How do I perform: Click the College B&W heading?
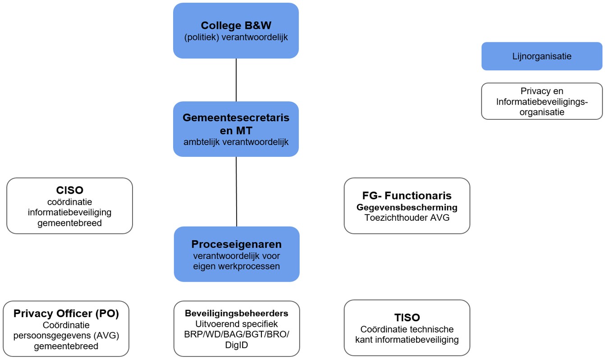(x=236, y=25)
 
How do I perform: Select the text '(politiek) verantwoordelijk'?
(x=236, y=37)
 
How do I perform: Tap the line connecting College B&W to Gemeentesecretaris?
(x=236, y=80)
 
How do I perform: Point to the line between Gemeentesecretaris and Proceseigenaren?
(x=236, y=191)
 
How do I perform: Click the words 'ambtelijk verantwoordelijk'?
(x=236, y=142)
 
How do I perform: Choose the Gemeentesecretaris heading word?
(x=236, y=118)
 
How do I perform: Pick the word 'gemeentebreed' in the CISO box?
(x=69, y=223)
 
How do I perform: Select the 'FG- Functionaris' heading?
(x=407, y=196)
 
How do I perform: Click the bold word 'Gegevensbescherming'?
(x=407, y=207)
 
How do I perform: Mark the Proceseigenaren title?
(x=236, y=244)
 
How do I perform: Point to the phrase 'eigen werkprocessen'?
(x=236, y=266)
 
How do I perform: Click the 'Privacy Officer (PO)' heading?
(x=66, y=314)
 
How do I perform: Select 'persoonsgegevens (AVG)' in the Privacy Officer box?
(x=66, y=336)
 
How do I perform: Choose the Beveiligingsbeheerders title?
(x=236, y=313)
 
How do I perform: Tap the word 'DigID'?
(x=236, y=345)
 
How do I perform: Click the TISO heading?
(x=407, y=318)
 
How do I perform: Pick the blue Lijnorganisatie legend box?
(x=541, y=56)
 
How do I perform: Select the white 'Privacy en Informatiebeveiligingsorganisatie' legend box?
(x=541, y=101)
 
